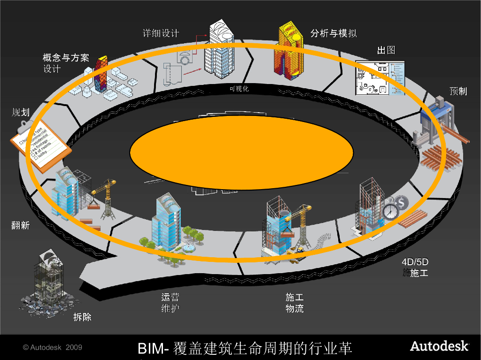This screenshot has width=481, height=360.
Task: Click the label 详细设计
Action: click(161, 33)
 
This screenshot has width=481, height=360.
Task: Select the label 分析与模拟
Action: click(334, 33)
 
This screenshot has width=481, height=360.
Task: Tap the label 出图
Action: click(386, 50)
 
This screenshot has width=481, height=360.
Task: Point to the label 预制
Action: click(458, 91)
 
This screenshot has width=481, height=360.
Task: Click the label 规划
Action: click(21, 112)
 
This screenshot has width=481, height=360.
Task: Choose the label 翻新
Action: click(21, 225)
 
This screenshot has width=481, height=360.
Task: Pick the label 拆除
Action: click(82, 318)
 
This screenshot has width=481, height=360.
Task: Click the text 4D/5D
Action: click(415, 262)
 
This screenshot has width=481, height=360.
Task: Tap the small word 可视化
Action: click(239, 89)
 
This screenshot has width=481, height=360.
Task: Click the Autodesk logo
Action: click(439, 346)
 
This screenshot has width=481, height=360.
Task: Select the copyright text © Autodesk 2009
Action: click(53, 347)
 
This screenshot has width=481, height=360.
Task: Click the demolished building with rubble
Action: click(47, 282)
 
